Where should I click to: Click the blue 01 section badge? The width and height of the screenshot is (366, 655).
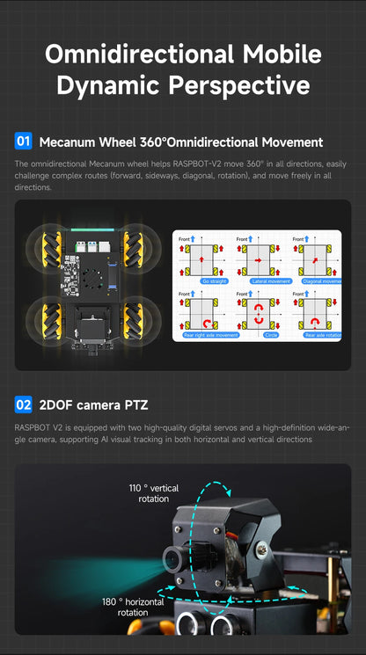[24, 142]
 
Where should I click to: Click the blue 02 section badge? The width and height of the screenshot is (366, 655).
[24, 405]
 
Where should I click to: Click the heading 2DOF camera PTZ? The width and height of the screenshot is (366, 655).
[94, 405]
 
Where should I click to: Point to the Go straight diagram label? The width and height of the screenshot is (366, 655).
[214, 280]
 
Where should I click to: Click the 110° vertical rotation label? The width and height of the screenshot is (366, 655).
[153, 493]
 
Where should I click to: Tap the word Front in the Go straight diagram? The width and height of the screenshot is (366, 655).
[185, 238]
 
